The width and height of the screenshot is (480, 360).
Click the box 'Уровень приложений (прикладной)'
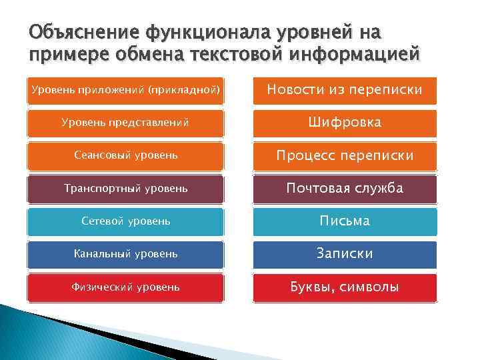(x=126, y=90)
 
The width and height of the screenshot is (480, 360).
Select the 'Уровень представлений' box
(x=126, y=123)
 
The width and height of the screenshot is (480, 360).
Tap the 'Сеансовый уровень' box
(x=126, y=156)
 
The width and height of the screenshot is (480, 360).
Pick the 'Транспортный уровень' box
(x=126, y=189)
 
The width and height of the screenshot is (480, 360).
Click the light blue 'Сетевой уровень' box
(x=126, y=221)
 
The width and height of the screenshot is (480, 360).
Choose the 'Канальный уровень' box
(x=126, y=254)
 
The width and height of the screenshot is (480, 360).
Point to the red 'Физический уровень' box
(x=126, y=287)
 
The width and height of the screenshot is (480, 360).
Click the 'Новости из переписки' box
(x=345, y=90)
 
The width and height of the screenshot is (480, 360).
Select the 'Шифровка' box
(x=345, y=123)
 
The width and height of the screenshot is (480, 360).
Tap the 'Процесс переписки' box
(x=345, y=156)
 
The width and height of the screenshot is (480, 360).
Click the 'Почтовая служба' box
(x=345, y=189)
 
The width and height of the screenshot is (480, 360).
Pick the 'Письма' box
(x=345, y=221)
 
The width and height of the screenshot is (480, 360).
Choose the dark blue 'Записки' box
(x=345, y=254)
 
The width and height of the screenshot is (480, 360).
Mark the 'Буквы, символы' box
(x=345, y=287)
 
